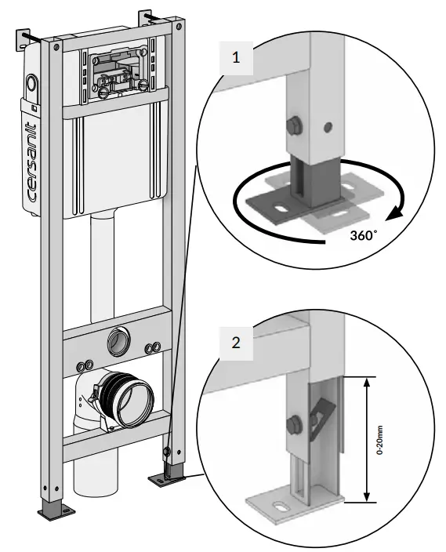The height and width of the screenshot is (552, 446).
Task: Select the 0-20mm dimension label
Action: click(379, 439)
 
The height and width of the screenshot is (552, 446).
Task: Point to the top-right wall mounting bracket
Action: click(150, 16)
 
